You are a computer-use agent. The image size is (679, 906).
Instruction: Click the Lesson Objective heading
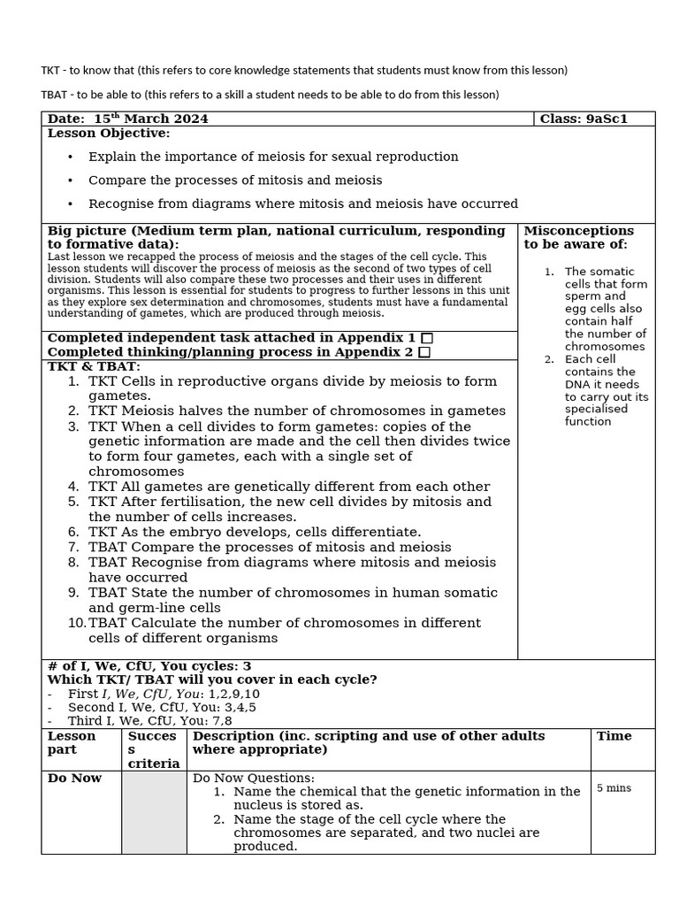(108, 133)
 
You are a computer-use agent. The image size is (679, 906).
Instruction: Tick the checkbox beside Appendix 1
(427, 338)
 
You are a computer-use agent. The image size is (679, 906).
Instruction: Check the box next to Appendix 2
(424, 352)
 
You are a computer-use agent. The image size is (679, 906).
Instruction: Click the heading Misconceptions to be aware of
(578, 237)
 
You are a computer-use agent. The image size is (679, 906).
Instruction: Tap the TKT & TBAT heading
(94, 366)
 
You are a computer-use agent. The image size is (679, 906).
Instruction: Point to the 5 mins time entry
(614, 787)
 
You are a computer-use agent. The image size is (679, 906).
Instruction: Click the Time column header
(614, 736)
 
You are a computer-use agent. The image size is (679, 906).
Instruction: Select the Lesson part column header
(72, 742)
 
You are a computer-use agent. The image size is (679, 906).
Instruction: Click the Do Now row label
(74, 778)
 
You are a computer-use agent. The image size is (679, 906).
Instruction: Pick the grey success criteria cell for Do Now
(154, 812)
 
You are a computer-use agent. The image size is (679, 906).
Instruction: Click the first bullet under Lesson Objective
(272, 157)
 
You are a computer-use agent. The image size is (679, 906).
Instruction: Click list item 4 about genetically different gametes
(288, 486)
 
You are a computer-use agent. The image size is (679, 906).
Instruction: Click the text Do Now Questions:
(254, 778)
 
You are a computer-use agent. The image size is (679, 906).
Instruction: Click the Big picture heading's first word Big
(60, 231)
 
